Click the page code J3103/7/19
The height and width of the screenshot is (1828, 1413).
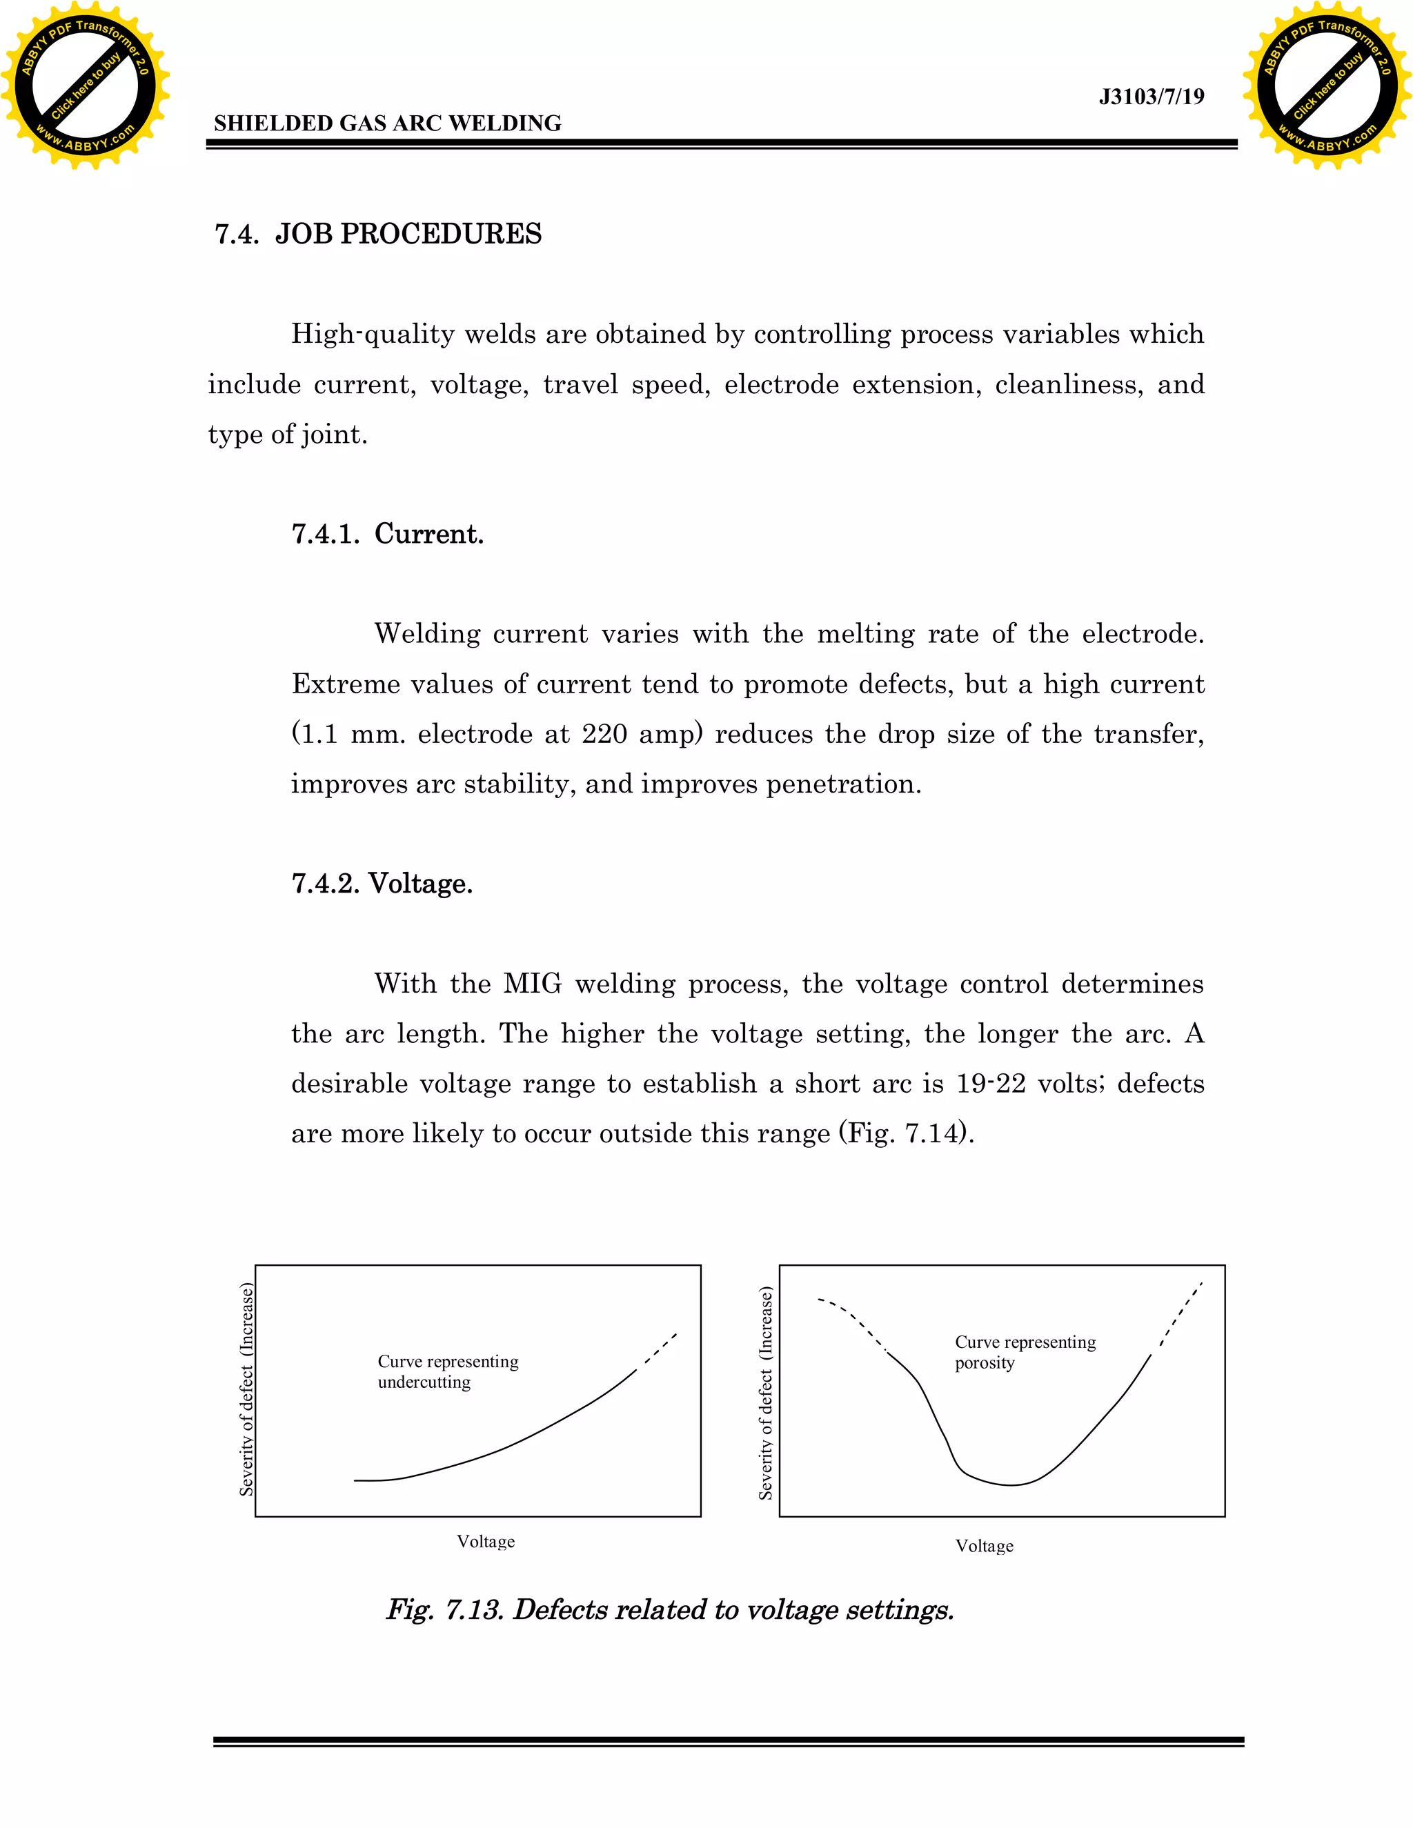pyautogui.click(x=1151, y=97)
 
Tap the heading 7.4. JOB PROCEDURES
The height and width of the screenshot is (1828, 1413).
pyautogui.click(x=378, y=234)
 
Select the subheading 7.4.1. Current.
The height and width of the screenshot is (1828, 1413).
pyautogui.click(x=388, y=533)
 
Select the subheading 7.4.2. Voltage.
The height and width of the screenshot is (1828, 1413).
pyautogui.click(x=382, y=883)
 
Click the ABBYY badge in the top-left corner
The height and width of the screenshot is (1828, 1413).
pyautogui.click(x=85, y=86)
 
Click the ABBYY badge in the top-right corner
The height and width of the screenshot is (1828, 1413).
pyautogui.click(x=1327, y=86)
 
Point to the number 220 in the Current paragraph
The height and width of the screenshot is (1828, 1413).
pyautogui.click(x=604, y=734)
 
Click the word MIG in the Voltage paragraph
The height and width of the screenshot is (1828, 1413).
pyautogui.click(x=533, y=984)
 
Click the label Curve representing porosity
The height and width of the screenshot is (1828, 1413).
pyautogui.click(x=1025, y=1352)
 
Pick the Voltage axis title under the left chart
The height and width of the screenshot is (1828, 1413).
pyautogui.click(x=486, y=1542)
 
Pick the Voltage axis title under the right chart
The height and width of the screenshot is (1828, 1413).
pyautogui.click(x=985, y=1546)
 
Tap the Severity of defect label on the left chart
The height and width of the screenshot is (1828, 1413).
pyautogui.click(x=246, y=1389)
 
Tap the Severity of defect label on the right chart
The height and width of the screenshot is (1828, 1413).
pyautogui.click(x=765, y=1393)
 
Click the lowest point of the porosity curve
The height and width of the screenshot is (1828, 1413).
pyautogui.click(x=1011, y=1485)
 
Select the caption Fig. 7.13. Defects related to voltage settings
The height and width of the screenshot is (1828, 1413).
pyautogui.click(x=670, y=1609)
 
